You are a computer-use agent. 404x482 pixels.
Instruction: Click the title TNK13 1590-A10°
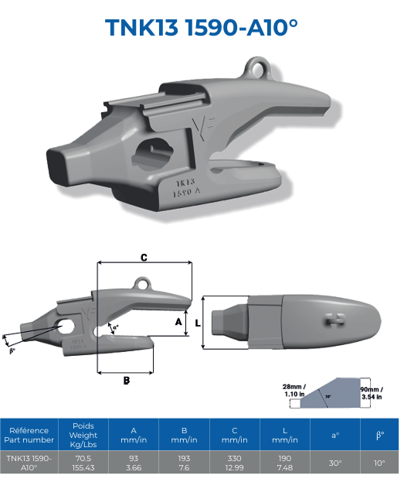point(202,27)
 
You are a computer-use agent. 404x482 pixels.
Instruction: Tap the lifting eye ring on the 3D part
point(255,66)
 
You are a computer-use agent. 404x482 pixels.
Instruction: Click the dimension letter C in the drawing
point(144,258)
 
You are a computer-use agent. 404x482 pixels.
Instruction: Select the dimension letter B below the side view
point(126,380)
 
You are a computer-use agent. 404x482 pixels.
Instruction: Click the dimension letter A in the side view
point(178,320)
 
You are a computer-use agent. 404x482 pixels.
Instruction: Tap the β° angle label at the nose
point(12,350)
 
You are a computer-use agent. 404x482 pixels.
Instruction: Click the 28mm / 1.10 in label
point(293,391)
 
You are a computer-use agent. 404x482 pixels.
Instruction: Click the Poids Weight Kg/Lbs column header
point(83,434)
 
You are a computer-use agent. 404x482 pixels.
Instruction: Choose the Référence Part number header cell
point(29,434)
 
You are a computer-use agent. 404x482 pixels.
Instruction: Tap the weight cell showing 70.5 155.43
point(83,463)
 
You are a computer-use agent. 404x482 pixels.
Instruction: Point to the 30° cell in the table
point(335,463)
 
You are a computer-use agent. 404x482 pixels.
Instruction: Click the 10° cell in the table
point(379,463)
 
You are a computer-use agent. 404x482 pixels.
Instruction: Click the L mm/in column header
point(285,434)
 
